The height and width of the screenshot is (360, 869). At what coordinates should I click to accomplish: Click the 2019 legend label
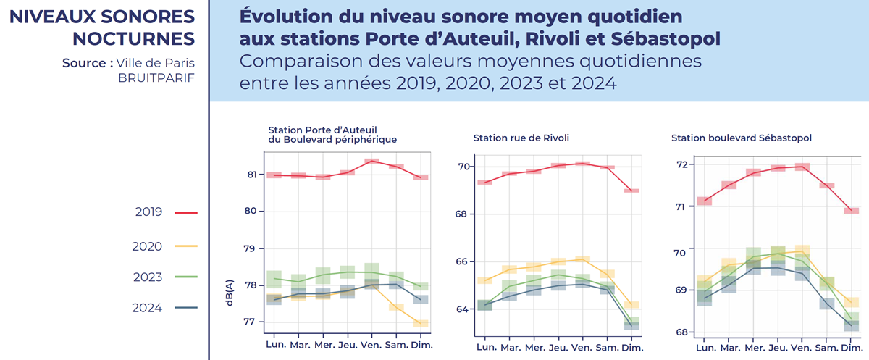coord(148,212)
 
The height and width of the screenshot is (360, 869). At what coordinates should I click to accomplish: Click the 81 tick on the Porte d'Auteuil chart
coord(253,175)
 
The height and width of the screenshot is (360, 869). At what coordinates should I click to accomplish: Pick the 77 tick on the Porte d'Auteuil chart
coord(253,322)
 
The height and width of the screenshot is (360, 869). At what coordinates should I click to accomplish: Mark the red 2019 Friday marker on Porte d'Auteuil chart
coord(372,161)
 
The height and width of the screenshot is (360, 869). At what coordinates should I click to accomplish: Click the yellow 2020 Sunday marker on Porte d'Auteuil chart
coord(421,323)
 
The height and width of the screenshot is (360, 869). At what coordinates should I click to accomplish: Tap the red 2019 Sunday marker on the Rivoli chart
coord(631,191)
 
